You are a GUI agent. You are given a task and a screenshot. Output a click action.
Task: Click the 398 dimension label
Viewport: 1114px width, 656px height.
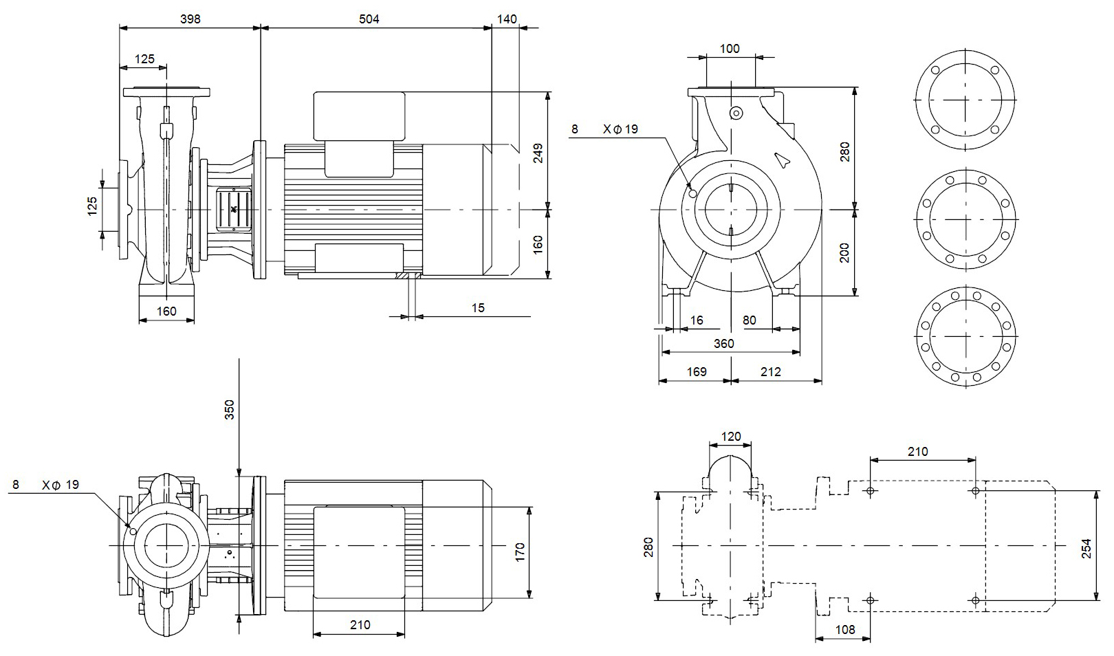click(190, 19)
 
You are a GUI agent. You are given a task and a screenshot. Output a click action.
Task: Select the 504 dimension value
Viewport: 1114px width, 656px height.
click(369, 19)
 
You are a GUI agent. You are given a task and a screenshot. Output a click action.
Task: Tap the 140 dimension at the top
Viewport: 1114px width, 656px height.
click(506, 19)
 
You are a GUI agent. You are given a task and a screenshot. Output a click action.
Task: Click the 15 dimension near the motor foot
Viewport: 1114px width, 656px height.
click(478, 308)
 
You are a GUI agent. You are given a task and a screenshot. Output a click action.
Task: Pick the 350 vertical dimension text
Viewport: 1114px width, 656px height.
click(230, 409)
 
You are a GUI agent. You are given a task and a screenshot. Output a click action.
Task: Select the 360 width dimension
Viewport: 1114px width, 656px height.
click(723, 344)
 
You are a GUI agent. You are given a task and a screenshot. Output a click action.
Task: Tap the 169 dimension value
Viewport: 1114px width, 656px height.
click(697, 372)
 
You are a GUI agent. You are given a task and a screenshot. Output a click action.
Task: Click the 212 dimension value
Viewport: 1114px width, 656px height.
click(771, 372)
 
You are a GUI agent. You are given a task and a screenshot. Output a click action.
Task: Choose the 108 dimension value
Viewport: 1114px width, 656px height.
click(844, 630)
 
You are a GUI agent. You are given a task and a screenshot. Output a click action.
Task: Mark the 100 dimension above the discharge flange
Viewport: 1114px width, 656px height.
click(730, 49)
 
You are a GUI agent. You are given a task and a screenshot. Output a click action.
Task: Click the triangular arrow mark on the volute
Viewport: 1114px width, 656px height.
click(782, 160)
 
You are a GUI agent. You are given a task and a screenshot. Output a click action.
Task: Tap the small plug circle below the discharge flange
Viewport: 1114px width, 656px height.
click(736, 113)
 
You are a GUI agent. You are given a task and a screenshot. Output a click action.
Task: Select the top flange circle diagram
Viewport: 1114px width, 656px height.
click(966, 100)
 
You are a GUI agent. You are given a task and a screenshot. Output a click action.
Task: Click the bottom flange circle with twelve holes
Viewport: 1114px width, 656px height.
click(966, 336)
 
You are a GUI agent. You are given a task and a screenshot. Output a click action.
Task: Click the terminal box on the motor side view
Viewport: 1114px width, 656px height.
click(359, 116)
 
